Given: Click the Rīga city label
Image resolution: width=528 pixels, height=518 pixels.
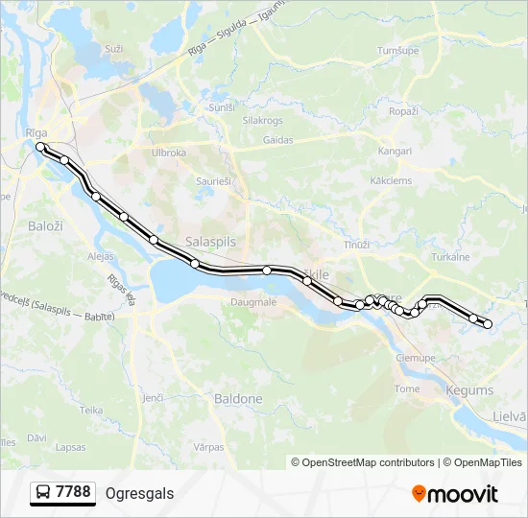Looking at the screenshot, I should pos(36,132).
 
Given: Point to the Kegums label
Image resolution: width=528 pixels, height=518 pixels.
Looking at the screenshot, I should pos(470,390).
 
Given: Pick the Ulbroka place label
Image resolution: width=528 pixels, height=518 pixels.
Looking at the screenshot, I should pos(168,152).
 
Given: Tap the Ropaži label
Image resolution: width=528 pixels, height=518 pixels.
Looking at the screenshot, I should pos(403,112).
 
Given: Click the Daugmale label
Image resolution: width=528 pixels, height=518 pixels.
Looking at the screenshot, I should pos(253,302).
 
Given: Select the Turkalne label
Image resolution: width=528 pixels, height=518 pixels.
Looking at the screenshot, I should pos(449,257).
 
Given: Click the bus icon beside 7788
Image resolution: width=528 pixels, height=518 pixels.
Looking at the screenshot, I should pos(43,493).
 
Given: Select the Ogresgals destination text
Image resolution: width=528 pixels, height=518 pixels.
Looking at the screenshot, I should pos(139,493).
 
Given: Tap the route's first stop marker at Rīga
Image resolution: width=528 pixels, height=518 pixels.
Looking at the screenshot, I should pos(40,147).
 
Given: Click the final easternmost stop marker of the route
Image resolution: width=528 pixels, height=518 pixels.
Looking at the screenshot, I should pos(488,324).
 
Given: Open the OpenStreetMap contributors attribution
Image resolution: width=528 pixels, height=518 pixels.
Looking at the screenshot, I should pos(369,462).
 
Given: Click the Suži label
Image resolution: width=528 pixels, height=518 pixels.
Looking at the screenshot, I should pos(114,48).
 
